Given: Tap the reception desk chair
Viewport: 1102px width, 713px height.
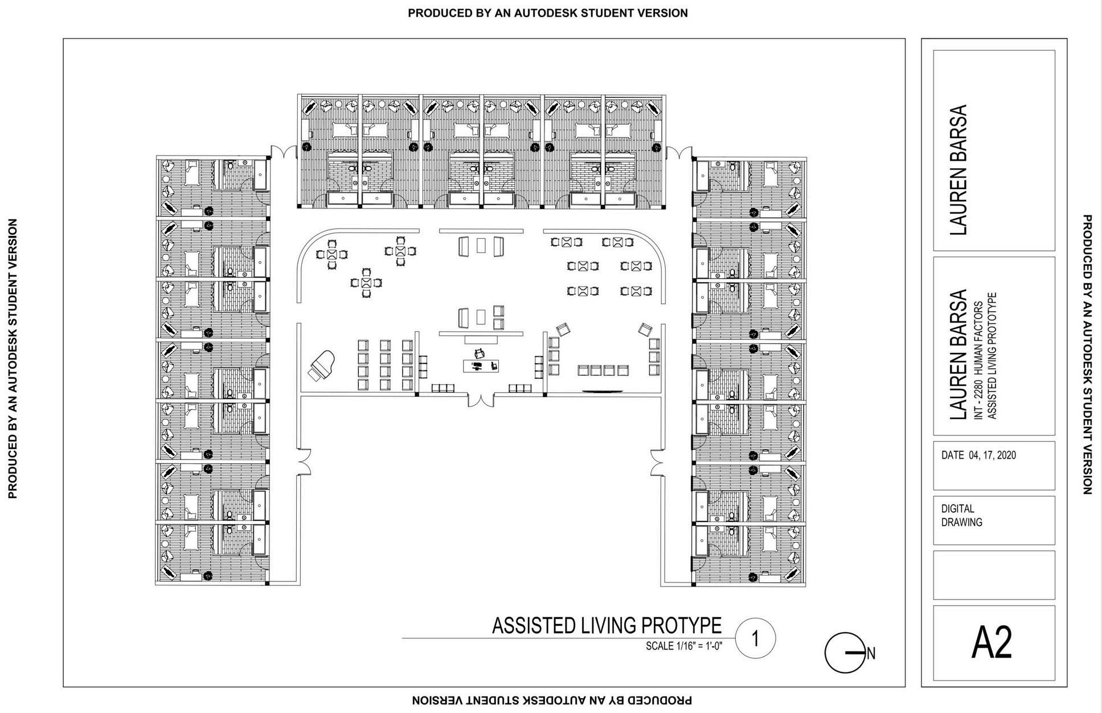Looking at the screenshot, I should pos(480,354).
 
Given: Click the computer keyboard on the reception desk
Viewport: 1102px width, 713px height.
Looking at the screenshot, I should pos(478,365).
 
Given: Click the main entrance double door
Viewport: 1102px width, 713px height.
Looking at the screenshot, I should pos(480,399).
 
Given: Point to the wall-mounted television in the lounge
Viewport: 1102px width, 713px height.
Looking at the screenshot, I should pos(602,391).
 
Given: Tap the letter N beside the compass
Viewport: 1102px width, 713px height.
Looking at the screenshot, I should pos(871,654).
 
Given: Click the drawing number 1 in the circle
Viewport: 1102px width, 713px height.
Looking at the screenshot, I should pos(755,638).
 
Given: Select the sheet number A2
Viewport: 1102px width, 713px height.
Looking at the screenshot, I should pos(993,643).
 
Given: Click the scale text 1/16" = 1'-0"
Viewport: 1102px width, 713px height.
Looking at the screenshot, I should pos(684,646).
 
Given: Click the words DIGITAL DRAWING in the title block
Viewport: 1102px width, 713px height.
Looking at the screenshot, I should pos(962,515).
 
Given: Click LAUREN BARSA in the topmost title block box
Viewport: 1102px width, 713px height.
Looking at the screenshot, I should pos(959,169).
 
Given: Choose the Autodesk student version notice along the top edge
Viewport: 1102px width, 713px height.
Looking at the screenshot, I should pos(547,13).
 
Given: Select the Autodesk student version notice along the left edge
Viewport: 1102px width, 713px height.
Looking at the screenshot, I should pos(13,358).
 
